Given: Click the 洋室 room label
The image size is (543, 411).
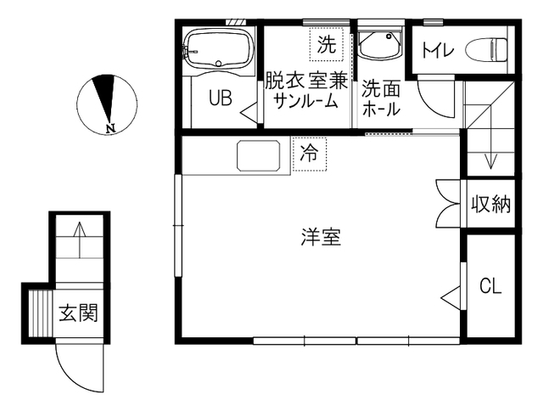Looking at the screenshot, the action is point(321,237).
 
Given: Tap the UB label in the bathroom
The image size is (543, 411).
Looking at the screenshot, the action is point(221,98).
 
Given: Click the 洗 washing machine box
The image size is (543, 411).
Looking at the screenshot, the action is point(327,44).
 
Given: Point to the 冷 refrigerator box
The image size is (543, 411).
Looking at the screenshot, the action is point(309,154).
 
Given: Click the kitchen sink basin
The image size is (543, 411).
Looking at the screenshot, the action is point(258,155).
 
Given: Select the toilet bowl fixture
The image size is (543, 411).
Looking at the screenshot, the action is point(486,50).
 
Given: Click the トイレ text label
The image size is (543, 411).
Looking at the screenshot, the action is point(438,51).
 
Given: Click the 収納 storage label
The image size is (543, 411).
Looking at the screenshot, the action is point(491,204).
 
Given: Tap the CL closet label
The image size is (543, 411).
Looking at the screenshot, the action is point(490,286).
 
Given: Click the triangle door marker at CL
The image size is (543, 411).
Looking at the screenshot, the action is point(451,297).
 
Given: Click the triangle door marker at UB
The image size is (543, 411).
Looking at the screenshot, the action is point(249,112).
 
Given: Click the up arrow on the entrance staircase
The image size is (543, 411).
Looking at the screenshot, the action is point(80,239).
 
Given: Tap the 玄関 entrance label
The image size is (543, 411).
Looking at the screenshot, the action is point(79,312).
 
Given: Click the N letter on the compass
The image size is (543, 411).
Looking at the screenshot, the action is point(110,128).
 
